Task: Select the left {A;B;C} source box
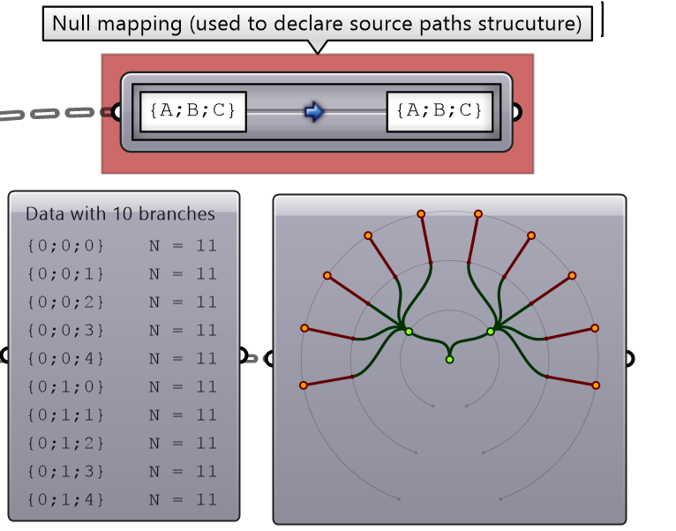click(192, 111)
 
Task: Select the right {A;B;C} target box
click(439, 111)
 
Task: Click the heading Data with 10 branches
click(120, 213)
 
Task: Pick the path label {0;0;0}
click(66, 245)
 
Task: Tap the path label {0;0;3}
click(66, 330)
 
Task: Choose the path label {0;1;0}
click(66, 386)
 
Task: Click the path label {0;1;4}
click(66, 499)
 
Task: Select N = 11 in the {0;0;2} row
click(183, 302)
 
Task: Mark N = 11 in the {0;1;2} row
click(183, 443)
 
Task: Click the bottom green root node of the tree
click(449, 359)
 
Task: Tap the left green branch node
click(409, 332)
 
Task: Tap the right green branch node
click(491, 332)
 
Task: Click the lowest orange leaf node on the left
click(304, 385)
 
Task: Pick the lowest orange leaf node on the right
click(596, 385)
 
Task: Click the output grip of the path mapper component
click(517, 112)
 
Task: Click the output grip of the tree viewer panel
click(630, 358)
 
